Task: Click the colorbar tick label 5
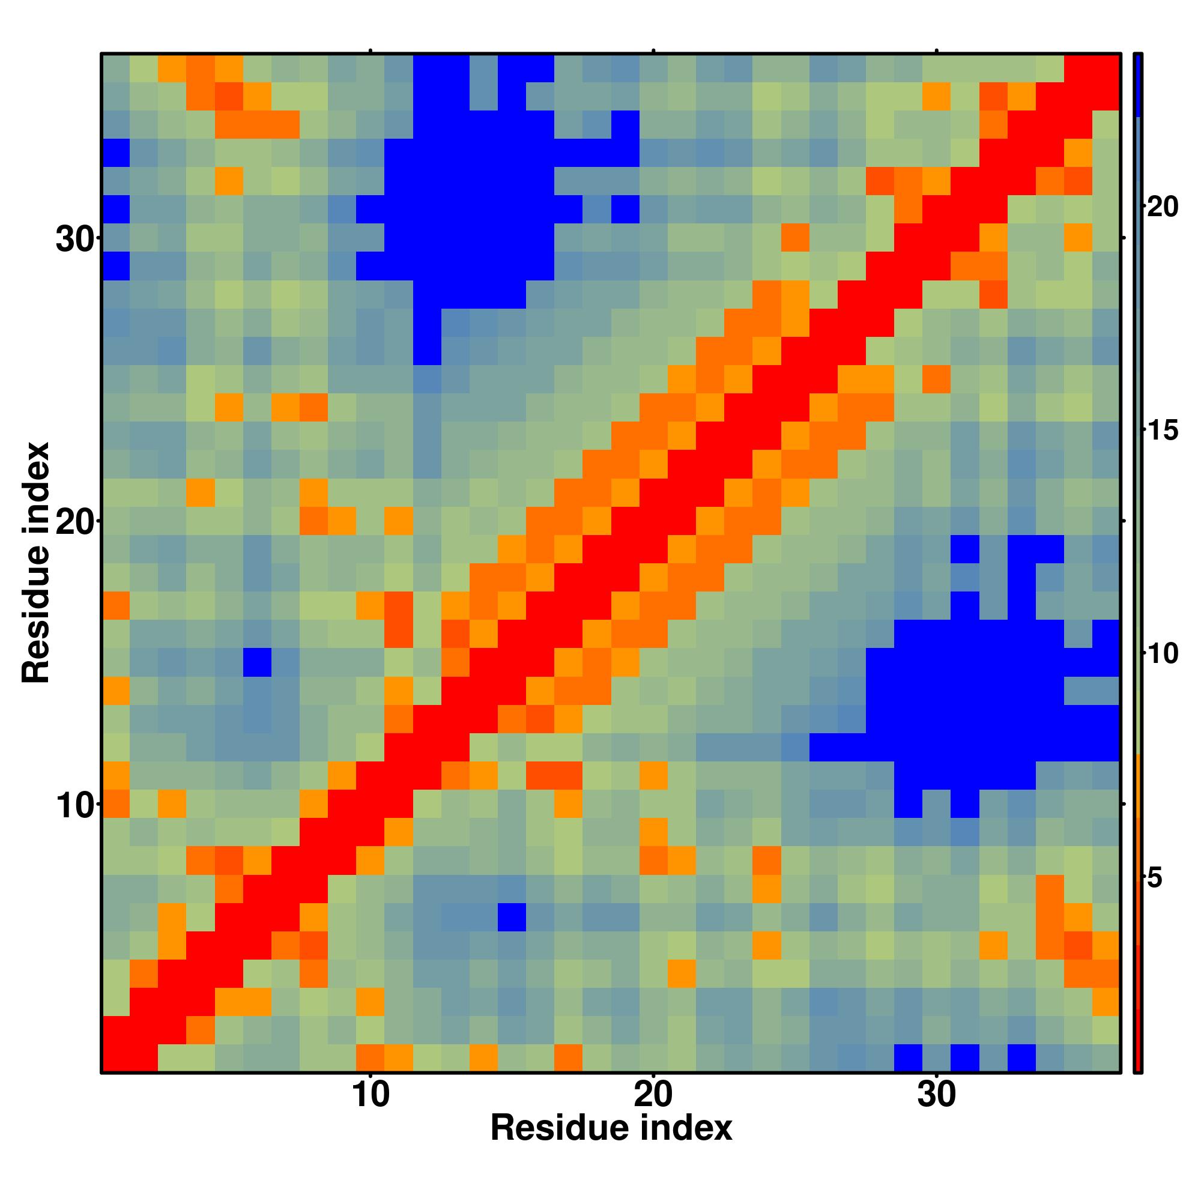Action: (1154, 879)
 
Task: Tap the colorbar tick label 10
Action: (1162, 654)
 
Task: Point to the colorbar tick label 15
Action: (1162, 430)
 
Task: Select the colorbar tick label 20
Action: (1162, 207)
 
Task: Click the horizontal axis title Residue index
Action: (611, 1128)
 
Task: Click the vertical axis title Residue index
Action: (36, 563)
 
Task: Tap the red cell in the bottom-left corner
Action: (116, 1057)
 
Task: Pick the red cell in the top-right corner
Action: (1106, 68)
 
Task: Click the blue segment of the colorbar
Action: (1137, 85)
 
